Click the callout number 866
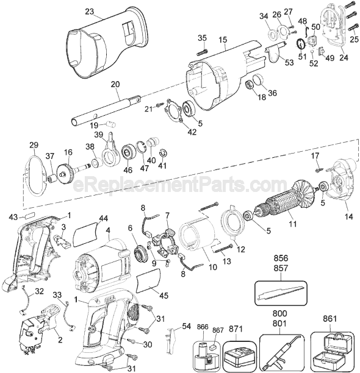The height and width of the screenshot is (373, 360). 203,327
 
